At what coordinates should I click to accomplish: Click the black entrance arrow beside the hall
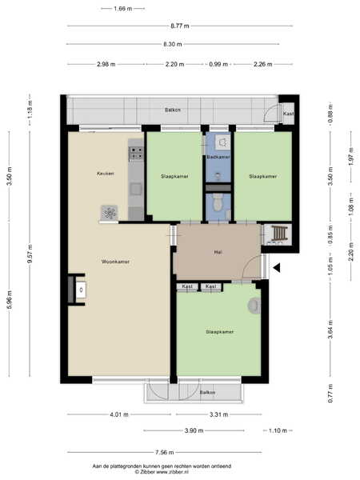pyautogui.click(x=277, y=268)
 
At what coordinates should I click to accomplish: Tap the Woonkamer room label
pyautogui.click(x=115, y=262)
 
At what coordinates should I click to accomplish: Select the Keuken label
pyautogui.click(x=106, y=174)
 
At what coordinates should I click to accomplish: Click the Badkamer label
pyautogui.click(x=218, y=157)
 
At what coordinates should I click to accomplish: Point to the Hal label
pyautogui.click(x=218, y=253)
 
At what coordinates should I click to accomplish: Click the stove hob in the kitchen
pyautogui.click(x=136, y=154)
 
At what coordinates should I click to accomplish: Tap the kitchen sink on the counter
pyautogui.click(x=136, y=189)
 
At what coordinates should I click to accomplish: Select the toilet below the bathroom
pyautogui.click(x=218, y=202)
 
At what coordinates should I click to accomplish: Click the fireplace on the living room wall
pyautogui.click(x=77, y=290)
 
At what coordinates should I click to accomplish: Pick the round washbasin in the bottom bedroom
pyautogui.click(x=254, y=306)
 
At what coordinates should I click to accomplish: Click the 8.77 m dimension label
pyautogui.click(x=180, y=26)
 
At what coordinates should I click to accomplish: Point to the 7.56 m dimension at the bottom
pyautogui.click(x=164, y=452)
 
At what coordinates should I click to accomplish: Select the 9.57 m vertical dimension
pyautogui.click(x=30, y=254)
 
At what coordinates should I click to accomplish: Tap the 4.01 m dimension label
pyautogui.click(x=119, y=414)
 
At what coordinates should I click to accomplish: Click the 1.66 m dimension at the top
pyautogui.click(x=122, y=9)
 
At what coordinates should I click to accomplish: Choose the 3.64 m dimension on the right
pyautogui.click(x=330, y=330)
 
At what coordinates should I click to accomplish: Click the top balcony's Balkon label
pyautogui.click(x=173, y=110)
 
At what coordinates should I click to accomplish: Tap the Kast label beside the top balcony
pyautogui.click(x=288, y=114)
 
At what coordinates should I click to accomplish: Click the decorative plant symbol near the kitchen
pyautogui.click(x=110, y=213)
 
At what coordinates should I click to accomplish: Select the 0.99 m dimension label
pyautogui.click(x=218, y=64)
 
